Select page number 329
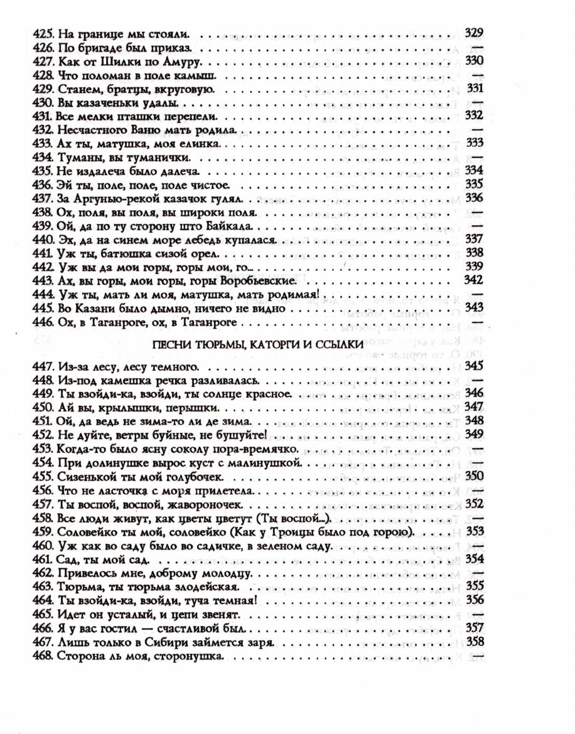pos(474,33)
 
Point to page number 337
pos(475,239)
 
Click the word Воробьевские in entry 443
pos(254,280)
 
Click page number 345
pos(475,365)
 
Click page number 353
pos(475,532)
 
